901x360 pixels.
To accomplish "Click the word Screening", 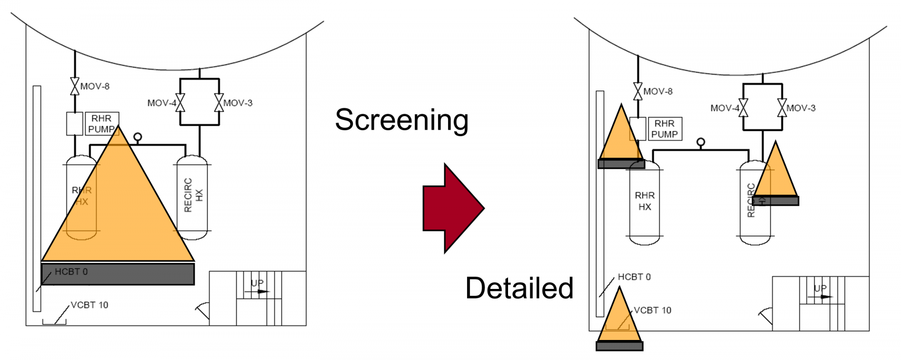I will click(401, 120).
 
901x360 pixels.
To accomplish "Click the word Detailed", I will click(519, 288).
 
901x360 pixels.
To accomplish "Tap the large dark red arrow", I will click(453, 208).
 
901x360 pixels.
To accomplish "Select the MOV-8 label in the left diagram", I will click(95, 86).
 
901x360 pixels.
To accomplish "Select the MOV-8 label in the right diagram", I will click(658, 91).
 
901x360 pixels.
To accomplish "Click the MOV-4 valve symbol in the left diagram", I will click(180, 103).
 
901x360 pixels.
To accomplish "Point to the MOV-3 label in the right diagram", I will click(801, 108).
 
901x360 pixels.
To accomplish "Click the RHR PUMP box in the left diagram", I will click(102, 124).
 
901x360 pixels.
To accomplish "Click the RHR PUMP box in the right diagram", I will click(664, 129).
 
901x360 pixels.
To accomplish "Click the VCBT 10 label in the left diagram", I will click(89, 305).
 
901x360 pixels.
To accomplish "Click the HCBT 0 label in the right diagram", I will click(634, 277).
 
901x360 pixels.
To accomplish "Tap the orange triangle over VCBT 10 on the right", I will click(620, 320).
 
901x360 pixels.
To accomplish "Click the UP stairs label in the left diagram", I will click(257, 283).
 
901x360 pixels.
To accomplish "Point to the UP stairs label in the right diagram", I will click(820, 288).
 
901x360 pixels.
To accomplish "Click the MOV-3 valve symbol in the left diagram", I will click(219, 103).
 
